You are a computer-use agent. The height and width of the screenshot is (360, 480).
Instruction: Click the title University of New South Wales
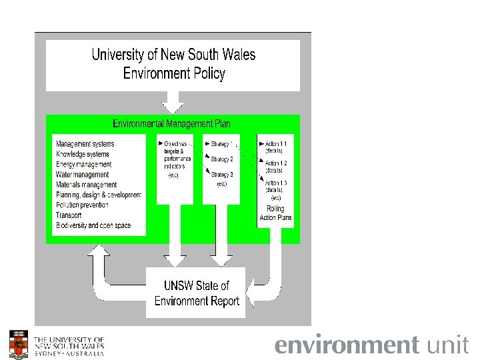[x=173, y=55]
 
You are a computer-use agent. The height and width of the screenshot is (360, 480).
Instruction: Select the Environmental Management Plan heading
[x=172, y=124]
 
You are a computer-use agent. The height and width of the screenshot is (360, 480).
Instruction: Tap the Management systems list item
[x=85, y=144]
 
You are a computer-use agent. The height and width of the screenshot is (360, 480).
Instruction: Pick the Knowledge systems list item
[x=83, y=154]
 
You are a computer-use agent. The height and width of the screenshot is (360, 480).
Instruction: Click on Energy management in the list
[x=83, y=164]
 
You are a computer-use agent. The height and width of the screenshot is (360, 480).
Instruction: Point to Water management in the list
[x=82, y=175]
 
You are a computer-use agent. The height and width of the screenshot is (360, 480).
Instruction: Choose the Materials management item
[x=86, y=185]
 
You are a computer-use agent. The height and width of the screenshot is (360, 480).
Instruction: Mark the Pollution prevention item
[x=83, y=205]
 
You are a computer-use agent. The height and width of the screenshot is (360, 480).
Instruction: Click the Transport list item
[x=69, y=215]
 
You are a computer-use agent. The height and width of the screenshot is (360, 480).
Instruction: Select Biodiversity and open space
[x=93, y=225]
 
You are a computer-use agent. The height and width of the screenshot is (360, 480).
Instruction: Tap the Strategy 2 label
[x=221, y=160]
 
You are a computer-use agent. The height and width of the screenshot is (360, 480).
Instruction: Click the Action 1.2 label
[x=276, y=163]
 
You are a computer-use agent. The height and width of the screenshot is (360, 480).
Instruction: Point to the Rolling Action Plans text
[x=275, y=213]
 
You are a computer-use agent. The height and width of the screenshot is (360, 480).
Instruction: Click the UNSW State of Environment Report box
[x=197, y=293]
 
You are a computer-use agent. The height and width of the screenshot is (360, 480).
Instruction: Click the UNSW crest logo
[x=18, y=344]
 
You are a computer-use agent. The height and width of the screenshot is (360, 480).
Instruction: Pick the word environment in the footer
[x=347, y=345]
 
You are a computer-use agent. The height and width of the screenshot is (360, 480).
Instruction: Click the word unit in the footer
[x=447, y=345]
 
